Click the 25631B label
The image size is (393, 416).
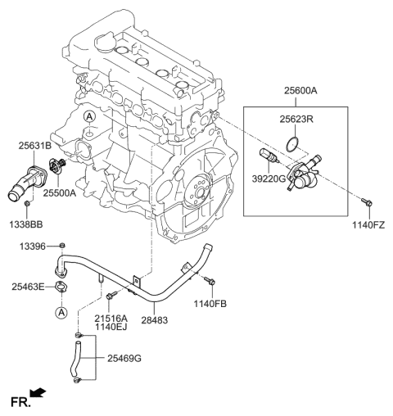pos(35,146)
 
